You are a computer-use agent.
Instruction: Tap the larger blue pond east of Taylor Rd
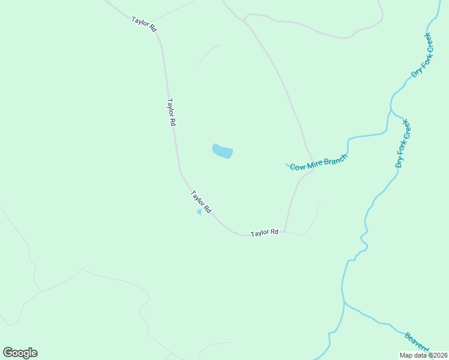223,152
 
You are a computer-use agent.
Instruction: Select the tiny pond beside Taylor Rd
199,212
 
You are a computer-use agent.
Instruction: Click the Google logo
20,353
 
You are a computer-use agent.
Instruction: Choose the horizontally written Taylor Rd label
265,232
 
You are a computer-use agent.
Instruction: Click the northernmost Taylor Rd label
144,24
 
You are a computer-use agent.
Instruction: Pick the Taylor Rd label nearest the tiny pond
201,202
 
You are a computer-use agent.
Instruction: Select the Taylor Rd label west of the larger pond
171,112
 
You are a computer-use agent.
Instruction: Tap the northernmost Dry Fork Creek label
421,55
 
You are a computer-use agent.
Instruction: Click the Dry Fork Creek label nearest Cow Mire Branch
402,143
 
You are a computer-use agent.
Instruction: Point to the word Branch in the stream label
335,157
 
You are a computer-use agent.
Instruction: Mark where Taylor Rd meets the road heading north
285,232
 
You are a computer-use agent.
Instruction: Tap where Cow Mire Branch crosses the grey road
312,162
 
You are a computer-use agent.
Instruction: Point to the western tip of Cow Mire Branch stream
286,164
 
